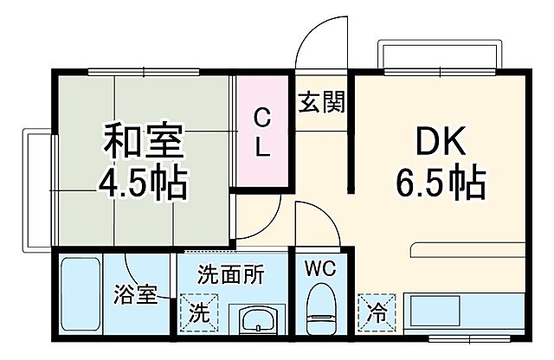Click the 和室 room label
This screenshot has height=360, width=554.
tap(145, 141)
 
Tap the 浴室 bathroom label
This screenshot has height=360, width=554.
tap(136, 295)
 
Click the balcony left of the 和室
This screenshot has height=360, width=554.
tap(36, 190)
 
